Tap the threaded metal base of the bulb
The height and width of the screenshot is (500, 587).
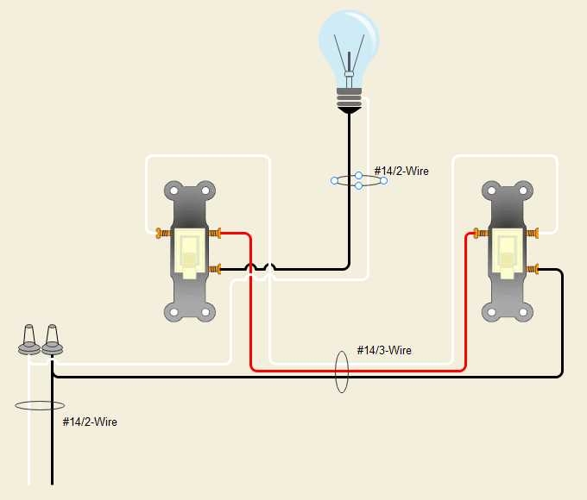click(349, 94)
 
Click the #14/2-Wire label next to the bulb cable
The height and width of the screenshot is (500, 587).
click(401, 172)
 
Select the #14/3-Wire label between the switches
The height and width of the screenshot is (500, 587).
click(384, 351)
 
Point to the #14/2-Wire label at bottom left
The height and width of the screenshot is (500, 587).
click(90, 422)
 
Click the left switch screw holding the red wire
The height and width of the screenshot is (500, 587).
click(216, 233)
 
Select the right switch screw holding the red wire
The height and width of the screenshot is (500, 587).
click(479, 233)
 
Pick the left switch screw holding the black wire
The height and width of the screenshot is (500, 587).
click(216, 270)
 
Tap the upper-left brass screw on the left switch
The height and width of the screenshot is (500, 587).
click(162, 233)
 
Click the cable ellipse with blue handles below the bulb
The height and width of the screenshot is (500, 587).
click(358, 180)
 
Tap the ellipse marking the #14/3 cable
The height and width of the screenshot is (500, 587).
click(341, 370)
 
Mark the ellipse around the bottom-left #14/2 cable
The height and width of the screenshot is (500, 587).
click(40, 405)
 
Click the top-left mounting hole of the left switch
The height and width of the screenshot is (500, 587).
click(174, 191)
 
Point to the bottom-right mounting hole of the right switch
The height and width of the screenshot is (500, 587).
click(522, 311)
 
